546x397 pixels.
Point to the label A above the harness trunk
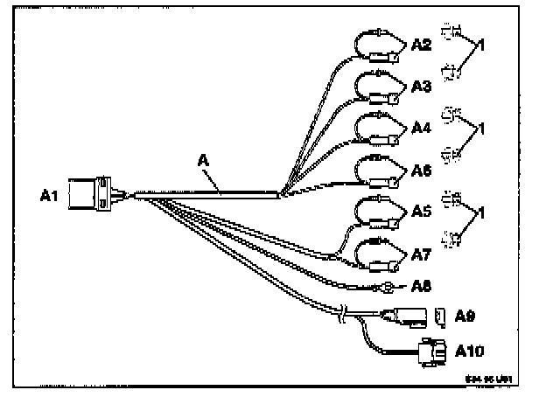click(x=204, y=163)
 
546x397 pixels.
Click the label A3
click(x=422, y=86)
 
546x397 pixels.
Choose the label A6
click(x=422, y=171)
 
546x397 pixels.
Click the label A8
click(x=422, y=285)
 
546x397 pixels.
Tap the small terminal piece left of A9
click(x=442, y=314)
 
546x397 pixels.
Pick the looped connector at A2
click(x=378, y=47)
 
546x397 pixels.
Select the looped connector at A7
click(x=378, y=253)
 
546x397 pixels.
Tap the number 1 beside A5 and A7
click(x=480, y=213)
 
